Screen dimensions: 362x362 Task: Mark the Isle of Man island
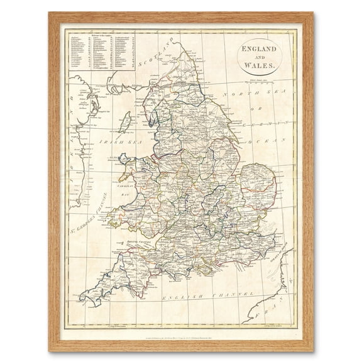point(125,120)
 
